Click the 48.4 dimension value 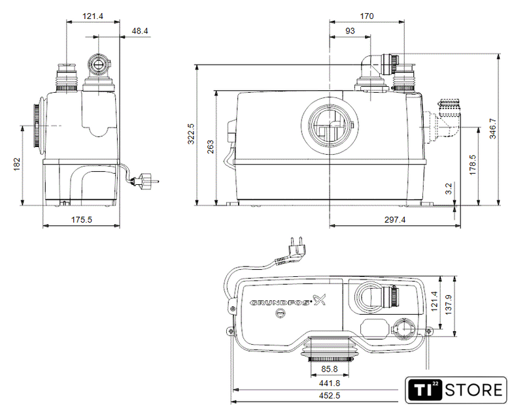click(140, 31)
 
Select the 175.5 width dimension click(82, 219)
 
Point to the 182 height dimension click(17, 165)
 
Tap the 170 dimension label click(367, 16)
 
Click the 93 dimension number click(350, 31)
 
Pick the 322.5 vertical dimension click(191, 133)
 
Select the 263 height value click(211, 147)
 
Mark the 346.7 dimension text click(492, 129)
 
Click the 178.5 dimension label click(472, 165)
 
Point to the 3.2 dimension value click(449, 189)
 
